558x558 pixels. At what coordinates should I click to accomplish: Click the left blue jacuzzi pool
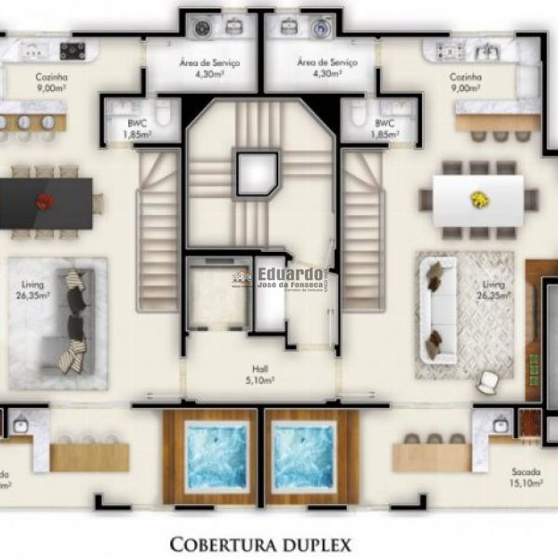[219, 458]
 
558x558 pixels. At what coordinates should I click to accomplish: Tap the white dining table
[478, 200]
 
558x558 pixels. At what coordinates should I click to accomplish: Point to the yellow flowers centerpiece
[479, 198]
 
